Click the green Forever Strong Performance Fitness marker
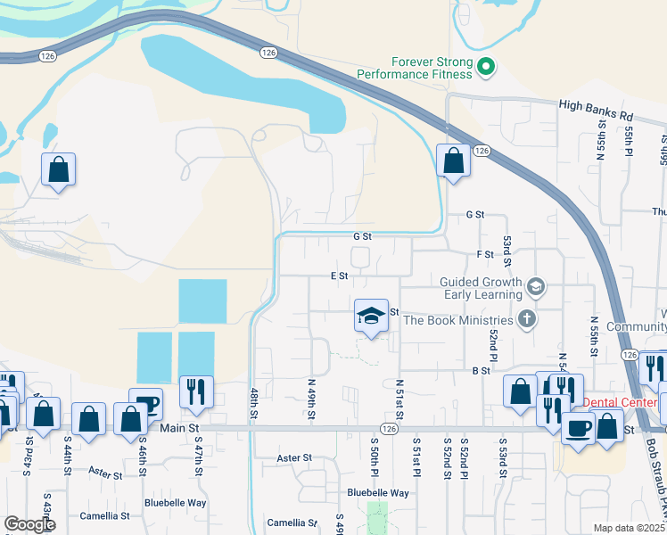(486, 66)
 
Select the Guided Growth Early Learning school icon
(536, 286)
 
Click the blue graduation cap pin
(371, 317)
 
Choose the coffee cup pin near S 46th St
(145, 404)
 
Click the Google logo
(29, 524)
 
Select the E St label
(339, 276)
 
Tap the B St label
(482, 370)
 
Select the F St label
(485, 255)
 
